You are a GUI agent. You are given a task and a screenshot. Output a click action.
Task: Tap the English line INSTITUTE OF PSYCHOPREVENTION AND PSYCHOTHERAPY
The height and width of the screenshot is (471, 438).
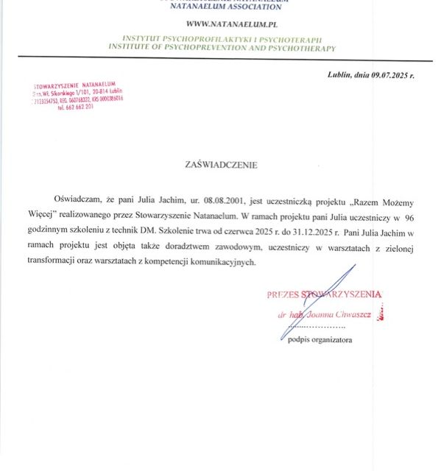coord(222,49)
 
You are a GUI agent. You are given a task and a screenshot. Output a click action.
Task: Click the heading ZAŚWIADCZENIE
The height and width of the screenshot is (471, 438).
coord(222,165)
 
